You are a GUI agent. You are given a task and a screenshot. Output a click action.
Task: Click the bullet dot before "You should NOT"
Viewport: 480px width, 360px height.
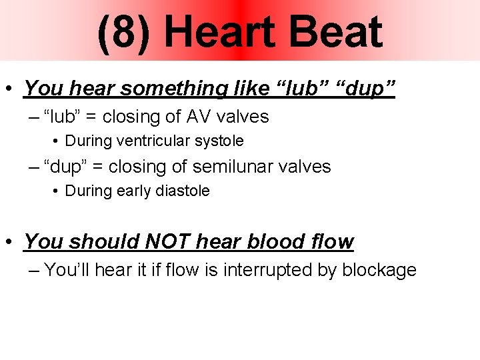(11, 242)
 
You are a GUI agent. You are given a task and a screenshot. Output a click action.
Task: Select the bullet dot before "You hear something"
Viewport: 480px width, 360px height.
(11, 89)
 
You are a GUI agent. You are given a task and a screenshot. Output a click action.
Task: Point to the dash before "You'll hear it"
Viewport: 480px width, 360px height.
(35, 270)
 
